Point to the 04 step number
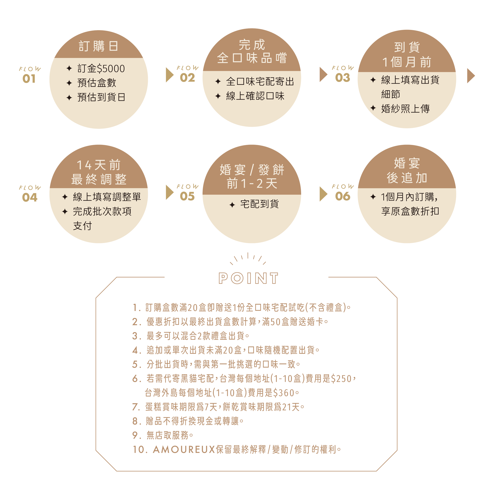pos(30,197)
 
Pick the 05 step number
pos(187,196)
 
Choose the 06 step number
pos(343,196)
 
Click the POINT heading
pos(248,278)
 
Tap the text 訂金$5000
pos(101,69)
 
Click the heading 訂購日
pos(98,46)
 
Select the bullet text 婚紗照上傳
pos(405,109)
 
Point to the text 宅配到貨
pos(260,204)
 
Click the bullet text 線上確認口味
pos(255,96)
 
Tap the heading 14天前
pos(98,165)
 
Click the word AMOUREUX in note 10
pos(184,450)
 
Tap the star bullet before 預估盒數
pos(69,83)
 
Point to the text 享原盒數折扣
pos(410,211)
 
